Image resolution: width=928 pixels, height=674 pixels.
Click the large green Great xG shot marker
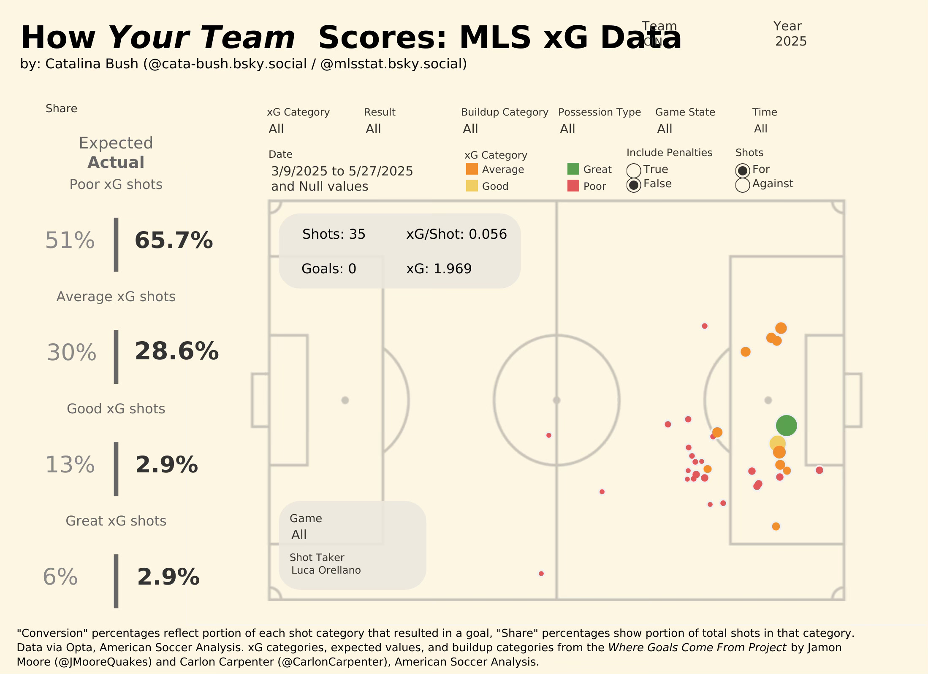coord(786,425)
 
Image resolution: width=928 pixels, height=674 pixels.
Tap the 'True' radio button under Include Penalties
coord(634,170)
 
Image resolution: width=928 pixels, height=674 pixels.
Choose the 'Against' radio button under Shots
coord(743,185)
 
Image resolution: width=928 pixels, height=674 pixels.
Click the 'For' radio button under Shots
coord(743,170)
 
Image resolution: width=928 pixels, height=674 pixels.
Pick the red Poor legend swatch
coord(573,186)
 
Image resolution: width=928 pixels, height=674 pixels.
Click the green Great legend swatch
coord(573,169)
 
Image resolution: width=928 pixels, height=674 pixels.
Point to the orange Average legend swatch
coord(472,169)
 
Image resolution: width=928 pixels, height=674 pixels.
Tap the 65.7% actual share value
coord(174,240)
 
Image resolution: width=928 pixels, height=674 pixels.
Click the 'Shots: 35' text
coord(334,234)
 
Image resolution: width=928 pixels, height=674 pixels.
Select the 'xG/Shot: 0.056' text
coord(456,234)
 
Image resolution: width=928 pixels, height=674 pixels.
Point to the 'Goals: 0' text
coord(328,269)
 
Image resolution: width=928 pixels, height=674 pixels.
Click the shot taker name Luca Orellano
coord(326,570)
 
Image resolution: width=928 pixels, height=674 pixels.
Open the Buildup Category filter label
coord(505,112)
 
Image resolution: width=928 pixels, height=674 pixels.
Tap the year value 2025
coord(791,41)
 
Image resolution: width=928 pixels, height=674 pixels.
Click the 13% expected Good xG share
coord(70,465)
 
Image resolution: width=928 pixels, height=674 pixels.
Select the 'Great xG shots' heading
coord(116,521)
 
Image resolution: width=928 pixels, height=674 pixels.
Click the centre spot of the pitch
coord(556,400)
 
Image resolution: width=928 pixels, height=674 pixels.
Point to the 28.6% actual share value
coord(176,351)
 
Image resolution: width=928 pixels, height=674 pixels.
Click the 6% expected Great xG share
coord(60,577)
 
